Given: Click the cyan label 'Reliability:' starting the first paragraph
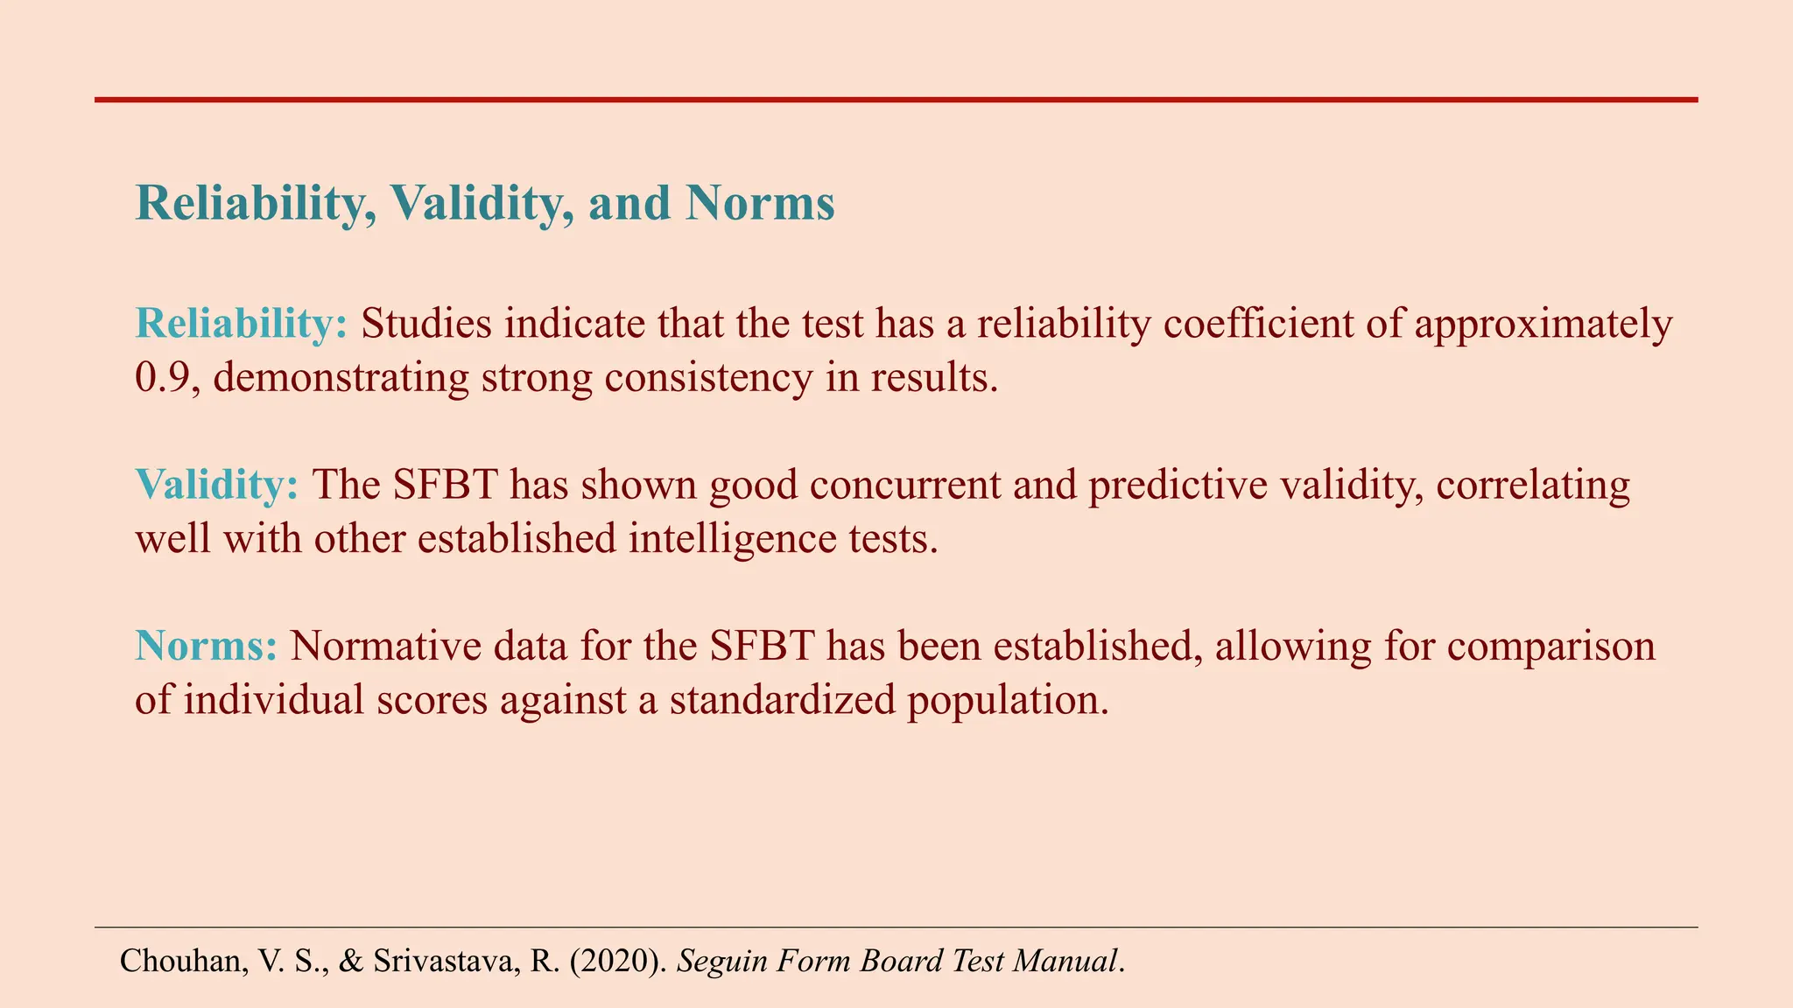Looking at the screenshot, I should pyautogui.click(x=242, y=325).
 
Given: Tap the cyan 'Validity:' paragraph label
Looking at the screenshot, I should pyautogui.click(x=217, y=486).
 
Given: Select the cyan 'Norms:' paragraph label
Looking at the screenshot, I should pyautogui.click(x=207, y=647).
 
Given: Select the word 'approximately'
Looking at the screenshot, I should pyautogui.click(x=1543, y=325).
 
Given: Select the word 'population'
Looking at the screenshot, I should pyautogui.click(x=1007, y=700).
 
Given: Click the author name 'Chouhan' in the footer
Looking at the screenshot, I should pyautogui.click(x=179, y=961).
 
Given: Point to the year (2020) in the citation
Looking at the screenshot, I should pyautogui.click(x=619, y=961).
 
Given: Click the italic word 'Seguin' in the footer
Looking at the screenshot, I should pyautogui.click(x=721, y=961).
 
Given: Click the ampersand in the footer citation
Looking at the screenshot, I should pyautogui.click(x=351, y=961).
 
